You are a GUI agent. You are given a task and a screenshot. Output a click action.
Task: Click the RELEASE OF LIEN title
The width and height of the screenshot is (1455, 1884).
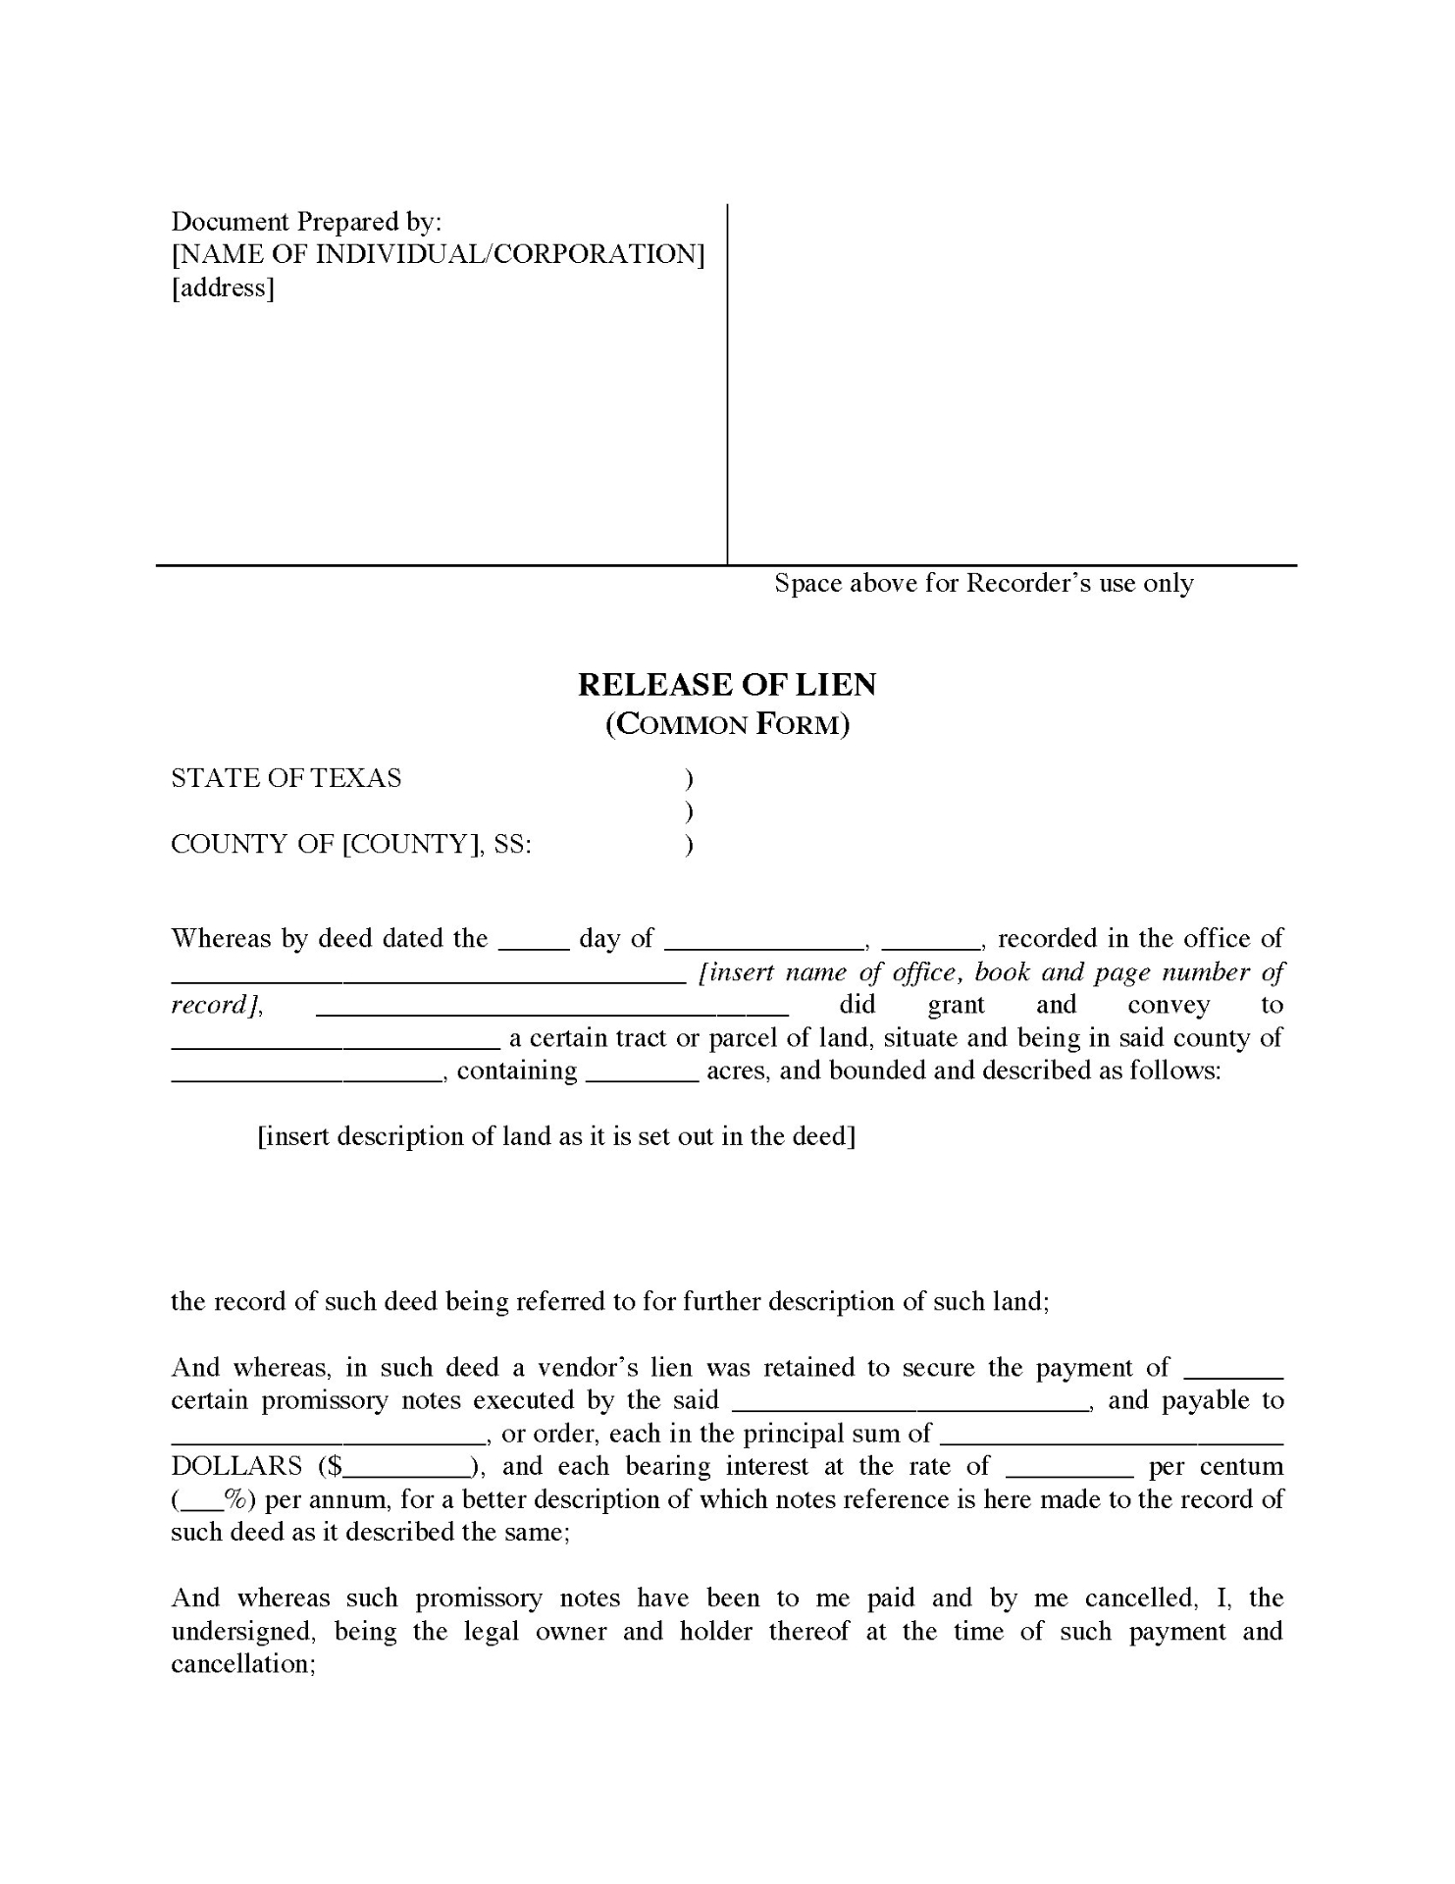click(726, 684)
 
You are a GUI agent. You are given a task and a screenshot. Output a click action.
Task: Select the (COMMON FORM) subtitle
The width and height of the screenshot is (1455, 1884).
click(726, 724)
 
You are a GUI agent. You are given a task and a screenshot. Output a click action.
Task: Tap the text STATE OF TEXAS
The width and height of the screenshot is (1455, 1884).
click(286, 778)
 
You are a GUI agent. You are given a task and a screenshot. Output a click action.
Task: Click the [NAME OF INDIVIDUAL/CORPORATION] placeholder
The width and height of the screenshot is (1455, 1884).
click(438, 254)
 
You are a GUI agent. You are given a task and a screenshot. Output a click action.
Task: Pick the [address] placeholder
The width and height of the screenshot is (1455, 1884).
click(223, 288)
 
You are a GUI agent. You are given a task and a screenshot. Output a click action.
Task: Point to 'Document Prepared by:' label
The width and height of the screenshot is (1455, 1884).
click(306, 221)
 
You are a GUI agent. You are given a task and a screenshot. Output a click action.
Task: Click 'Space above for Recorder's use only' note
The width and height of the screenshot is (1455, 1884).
click(983, 583)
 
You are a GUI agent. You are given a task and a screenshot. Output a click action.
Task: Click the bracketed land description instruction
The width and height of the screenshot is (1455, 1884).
click(555, 1136)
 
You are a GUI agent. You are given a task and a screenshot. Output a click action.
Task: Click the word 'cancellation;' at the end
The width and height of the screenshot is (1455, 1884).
click(242, 1664)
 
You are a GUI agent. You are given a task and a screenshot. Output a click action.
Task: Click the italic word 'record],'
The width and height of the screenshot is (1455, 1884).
click(217, 1005)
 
